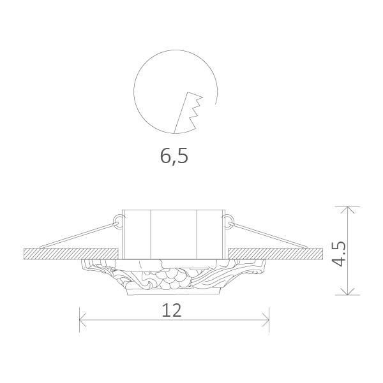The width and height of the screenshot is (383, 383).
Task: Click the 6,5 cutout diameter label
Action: point(174,155)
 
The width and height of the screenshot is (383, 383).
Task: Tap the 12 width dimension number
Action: point(172,310)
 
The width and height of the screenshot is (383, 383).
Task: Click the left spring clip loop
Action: point(117,220)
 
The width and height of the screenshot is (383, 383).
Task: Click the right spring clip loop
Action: point(227,220)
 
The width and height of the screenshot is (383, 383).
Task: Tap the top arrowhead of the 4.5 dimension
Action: point(347,210)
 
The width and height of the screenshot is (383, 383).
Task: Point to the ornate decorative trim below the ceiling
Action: point(172,277)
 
